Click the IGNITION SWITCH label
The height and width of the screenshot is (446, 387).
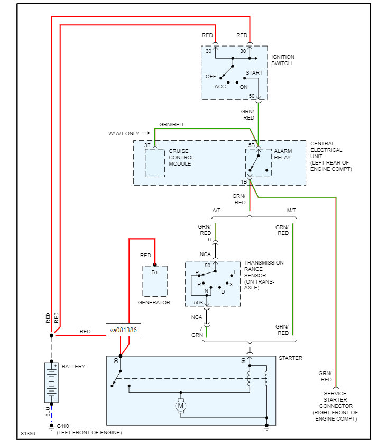(283, 60)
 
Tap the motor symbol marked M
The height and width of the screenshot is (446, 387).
(181, 406)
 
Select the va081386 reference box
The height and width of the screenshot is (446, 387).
(124, 330)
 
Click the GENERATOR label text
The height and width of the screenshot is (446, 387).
(154, 302)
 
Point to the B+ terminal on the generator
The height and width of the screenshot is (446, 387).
(155, 272)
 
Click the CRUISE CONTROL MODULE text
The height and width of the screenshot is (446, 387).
(181, 157)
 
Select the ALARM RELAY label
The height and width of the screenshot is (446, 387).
(283, 154)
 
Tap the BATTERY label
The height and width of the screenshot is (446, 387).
(73, 366)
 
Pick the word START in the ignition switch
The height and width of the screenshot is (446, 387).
(254, 72)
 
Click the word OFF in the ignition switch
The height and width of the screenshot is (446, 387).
(211, 76)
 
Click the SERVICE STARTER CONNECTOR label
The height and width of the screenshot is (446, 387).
(335, 406)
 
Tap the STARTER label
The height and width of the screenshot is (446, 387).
(290, 358)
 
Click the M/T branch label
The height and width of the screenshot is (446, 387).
(291, 210)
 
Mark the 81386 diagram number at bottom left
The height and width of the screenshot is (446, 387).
(28, 433)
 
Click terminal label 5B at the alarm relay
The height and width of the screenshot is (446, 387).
(252, 144)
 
